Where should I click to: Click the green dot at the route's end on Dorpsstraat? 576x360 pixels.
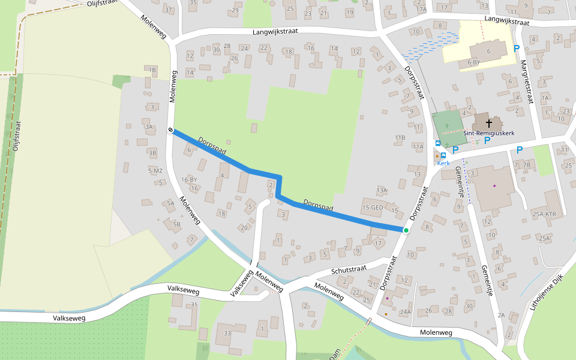click(x=406, y=230)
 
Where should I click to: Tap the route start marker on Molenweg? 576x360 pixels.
click(x=171, y=130)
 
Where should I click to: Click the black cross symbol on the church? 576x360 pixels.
click(x=488, y=123)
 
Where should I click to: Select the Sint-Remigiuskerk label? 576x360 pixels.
click(x=489, y=133)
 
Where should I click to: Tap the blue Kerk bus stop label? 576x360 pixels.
click(x=443, y=163)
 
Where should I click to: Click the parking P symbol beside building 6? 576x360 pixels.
click(x=517, y=49)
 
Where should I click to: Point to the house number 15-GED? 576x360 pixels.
click(x=372, y=208)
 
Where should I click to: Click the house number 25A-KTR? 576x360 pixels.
click(x=544, y=214)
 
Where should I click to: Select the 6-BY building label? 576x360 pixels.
click(x=473, y=62)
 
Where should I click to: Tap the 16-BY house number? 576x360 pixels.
click(x=189, y=179)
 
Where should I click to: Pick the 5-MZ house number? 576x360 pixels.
click(x=155, y=171)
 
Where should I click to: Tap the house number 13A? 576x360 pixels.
click(x=382, y=190)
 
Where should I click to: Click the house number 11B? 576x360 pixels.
click(x=400, y=138)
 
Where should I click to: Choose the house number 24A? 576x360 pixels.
click(x=405, y=312)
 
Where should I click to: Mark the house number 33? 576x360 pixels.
click(x=227, y=333)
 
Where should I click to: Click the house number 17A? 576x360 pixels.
click(x=421, y=10)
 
